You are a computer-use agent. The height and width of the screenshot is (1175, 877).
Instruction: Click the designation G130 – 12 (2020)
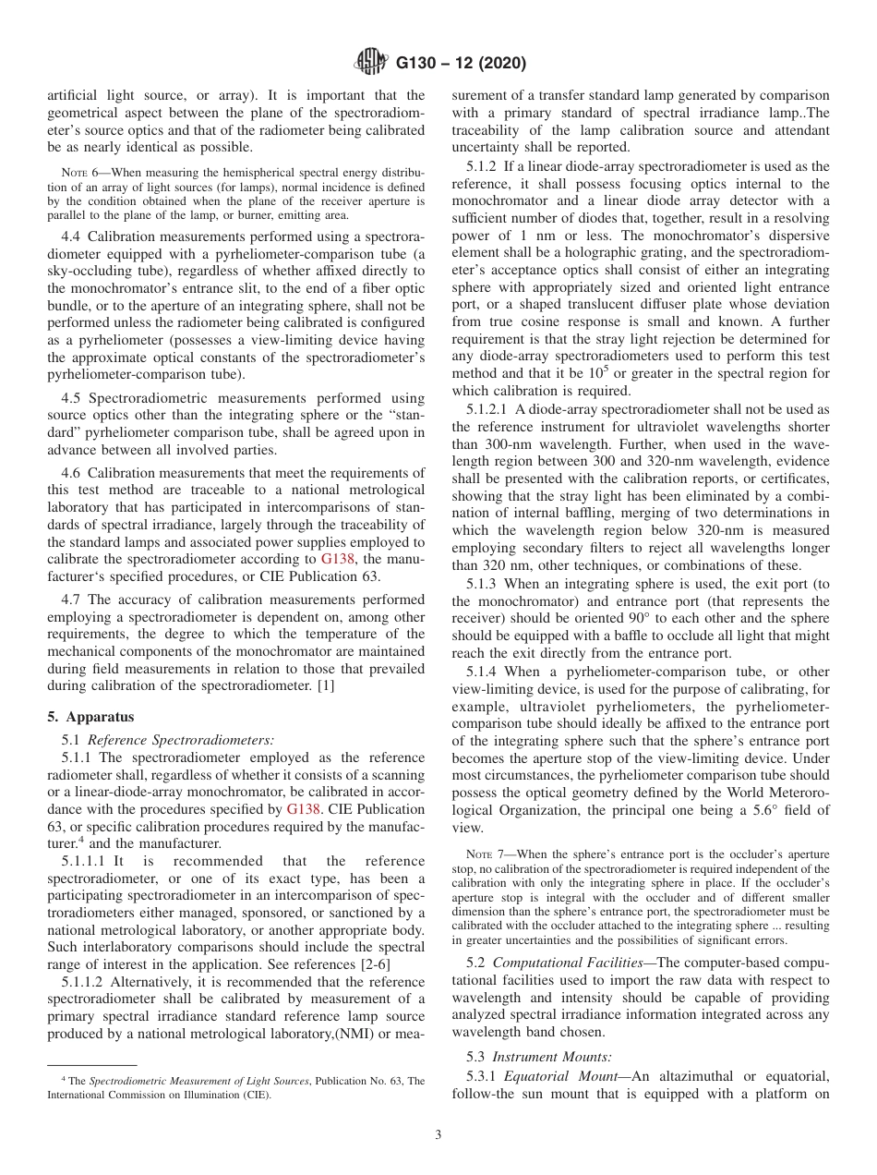(461, 64)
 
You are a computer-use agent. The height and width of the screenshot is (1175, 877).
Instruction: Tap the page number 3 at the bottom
(438, 1135)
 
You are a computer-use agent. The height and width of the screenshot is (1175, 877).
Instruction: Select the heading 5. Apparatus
(90, 717)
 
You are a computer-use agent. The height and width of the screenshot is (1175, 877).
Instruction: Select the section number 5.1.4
(483, 672)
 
